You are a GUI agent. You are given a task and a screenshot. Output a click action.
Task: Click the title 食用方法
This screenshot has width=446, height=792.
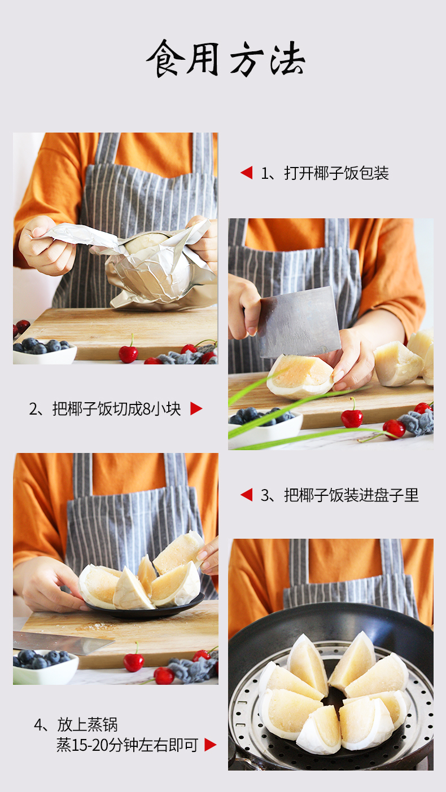point(225,59)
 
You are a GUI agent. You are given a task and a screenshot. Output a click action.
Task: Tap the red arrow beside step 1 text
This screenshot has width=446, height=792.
point(247,173)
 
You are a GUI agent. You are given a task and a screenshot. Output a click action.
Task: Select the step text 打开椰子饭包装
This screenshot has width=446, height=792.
point(336,173)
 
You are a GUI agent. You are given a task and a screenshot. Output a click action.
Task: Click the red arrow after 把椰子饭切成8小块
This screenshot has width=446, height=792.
point(196,409)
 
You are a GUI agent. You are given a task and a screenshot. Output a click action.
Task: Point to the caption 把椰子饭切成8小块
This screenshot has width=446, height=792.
point(117,409)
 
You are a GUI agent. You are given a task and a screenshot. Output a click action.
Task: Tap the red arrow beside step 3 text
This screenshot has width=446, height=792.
point(247,495)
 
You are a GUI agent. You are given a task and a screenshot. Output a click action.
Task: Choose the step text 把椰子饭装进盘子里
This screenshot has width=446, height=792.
point(352,495)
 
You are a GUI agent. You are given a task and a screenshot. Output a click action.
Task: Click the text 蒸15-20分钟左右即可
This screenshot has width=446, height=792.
point(127,745)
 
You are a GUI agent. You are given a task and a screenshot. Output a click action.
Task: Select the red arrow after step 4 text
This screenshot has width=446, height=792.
point(210,745)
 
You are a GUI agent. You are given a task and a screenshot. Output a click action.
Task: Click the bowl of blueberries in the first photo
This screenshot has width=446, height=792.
point(45,351)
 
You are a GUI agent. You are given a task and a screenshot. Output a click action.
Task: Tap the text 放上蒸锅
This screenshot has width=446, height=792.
point(87,724)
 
